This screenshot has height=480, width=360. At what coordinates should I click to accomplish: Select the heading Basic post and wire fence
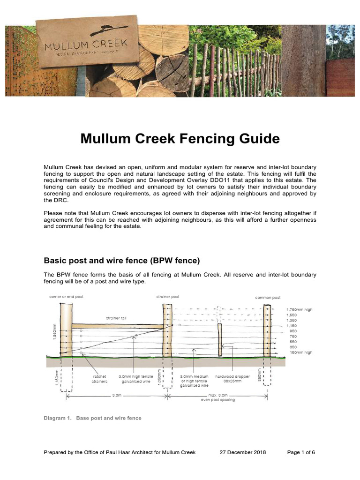point(122,261)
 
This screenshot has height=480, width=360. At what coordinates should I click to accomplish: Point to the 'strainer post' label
point(168,297)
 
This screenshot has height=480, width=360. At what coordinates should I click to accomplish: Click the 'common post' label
point(268,297)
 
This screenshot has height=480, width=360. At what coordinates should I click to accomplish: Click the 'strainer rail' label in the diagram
point(116,318)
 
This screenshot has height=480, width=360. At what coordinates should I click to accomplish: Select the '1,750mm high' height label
point(299,309)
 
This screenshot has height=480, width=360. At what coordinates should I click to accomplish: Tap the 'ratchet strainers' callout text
point(99,379)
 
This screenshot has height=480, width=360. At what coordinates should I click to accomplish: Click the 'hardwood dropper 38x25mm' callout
point(233,379)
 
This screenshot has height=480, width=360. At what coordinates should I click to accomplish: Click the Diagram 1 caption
point(92,418)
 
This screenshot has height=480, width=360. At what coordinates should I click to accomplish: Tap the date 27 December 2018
point(243,452)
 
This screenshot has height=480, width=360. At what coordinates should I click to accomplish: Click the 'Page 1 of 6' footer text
point(300,452)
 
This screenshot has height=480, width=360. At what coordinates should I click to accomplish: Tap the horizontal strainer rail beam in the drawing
point(117,325)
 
